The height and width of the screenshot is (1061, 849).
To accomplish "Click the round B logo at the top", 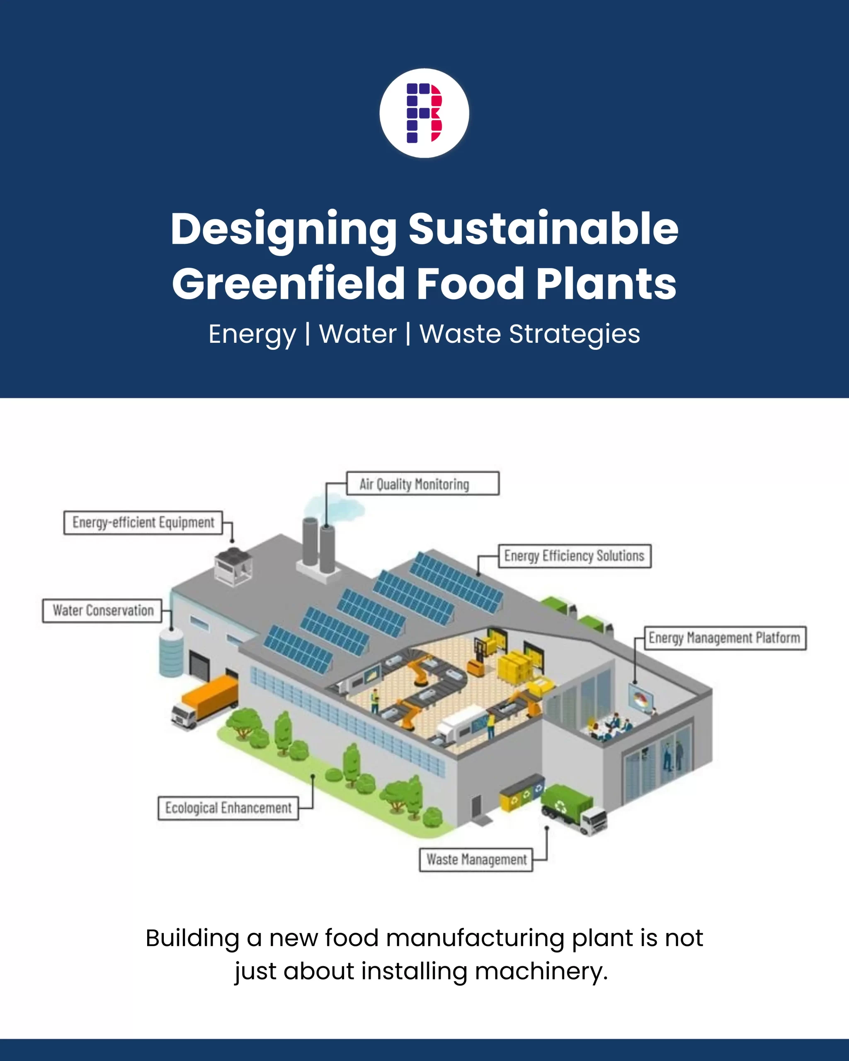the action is (424, 113).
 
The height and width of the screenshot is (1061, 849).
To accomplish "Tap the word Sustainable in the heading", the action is (543, 229).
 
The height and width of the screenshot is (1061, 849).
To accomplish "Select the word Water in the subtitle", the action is (358, 334).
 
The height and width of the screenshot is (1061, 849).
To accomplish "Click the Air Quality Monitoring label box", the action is (422, 484).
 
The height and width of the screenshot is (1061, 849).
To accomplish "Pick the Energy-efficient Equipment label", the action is (143, 522).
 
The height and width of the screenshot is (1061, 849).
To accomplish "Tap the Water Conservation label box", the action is (102, 611).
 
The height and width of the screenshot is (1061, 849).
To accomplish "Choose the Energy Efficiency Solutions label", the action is (575, 556).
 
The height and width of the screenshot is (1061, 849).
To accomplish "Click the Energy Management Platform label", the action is (725, 638).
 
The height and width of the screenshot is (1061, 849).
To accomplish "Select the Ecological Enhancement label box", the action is (228, 808).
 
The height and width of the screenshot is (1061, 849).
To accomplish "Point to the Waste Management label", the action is (476, 860).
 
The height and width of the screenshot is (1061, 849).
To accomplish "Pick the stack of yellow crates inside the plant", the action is (514, 667).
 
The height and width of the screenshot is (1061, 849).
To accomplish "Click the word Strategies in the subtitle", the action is (575, 334).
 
